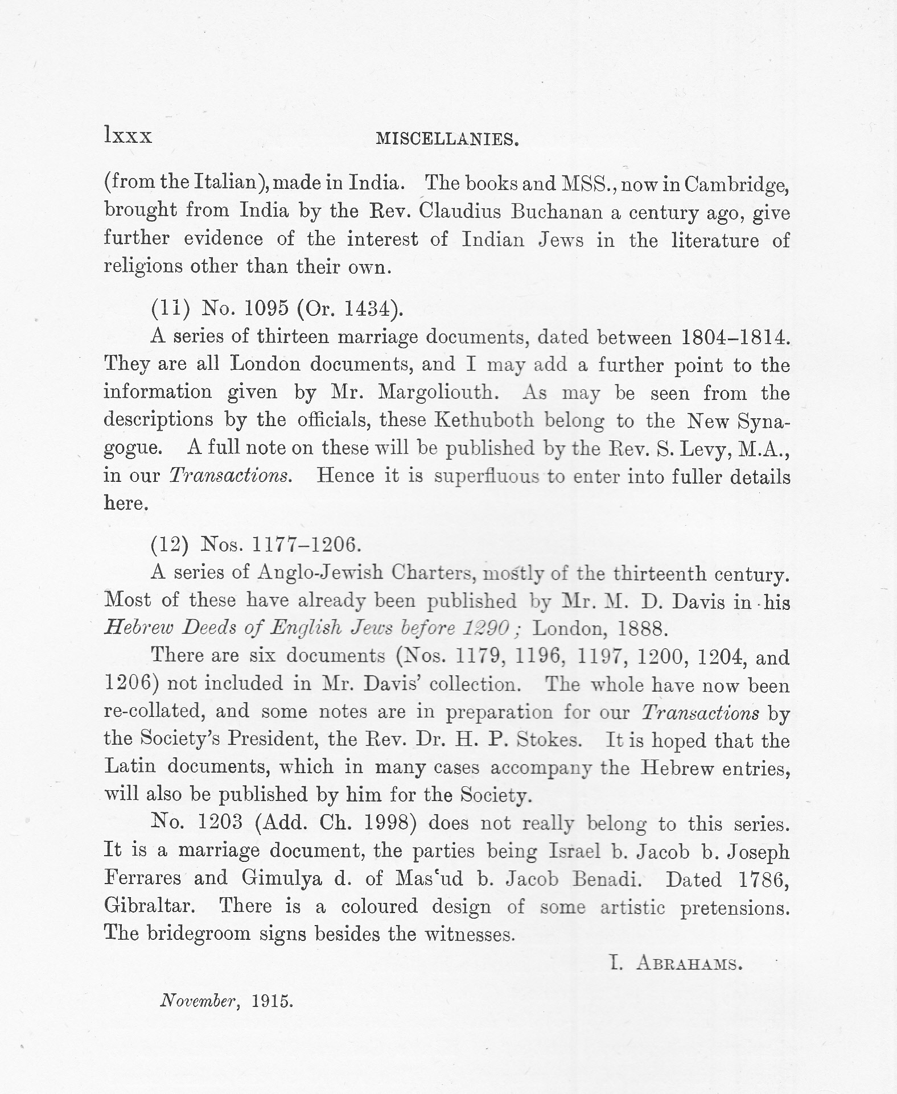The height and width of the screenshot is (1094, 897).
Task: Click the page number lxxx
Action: (x=128, y=137)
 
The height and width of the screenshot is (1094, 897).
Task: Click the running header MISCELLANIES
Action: (x=447, y=139)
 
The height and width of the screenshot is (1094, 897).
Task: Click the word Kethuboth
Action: (x=484, y=420)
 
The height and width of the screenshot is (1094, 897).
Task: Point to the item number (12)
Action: (x=170, y=544)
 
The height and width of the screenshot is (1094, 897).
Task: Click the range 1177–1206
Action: (x=306, y=544)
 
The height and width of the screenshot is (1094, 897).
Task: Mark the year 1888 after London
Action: (x=640, y=628)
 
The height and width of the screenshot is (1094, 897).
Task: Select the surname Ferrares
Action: (x=143, y=878)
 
